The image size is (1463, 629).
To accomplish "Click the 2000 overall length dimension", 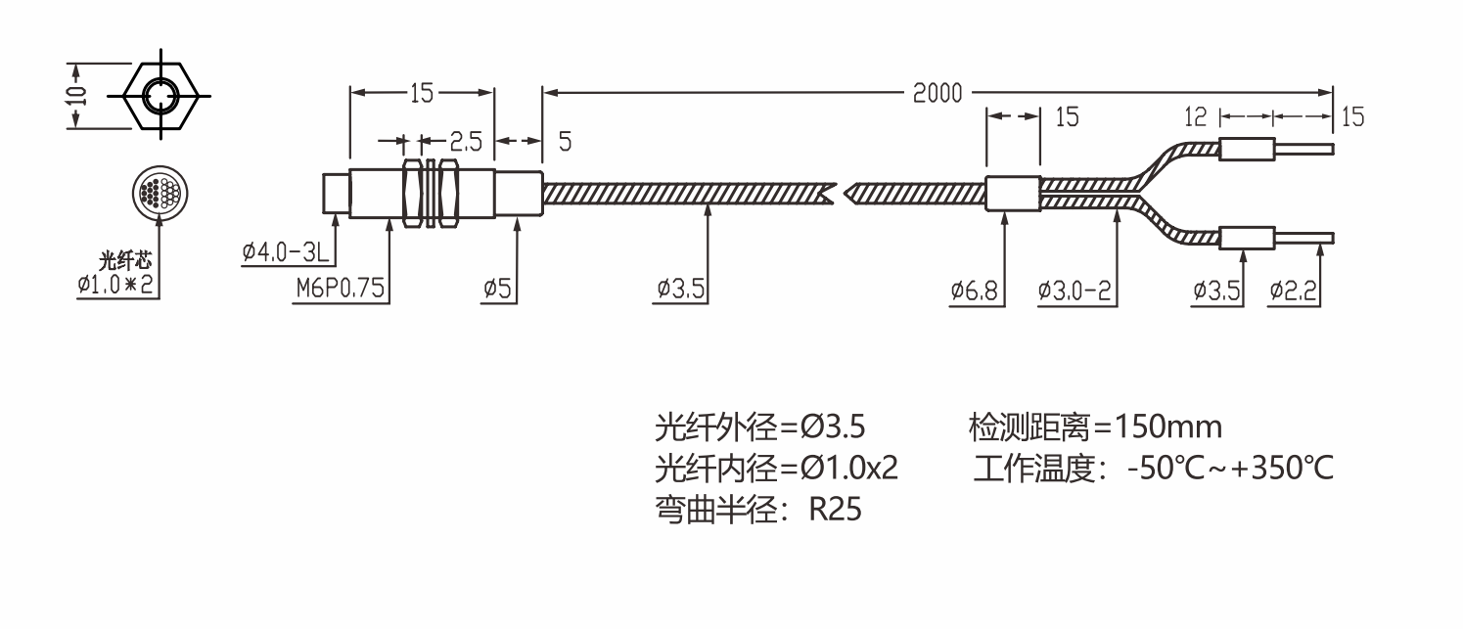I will pos(937,94).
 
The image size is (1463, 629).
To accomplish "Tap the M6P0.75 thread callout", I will pos(342,291).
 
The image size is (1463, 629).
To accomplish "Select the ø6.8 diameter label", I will pos(977,291).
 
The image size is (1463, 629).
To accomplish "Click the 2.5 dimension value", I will pos(466,142).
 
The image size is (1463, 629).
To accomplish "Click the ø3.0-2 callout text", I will pos(1077,291).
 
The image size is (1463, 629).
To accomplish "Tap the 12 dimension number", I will pos(1196,117).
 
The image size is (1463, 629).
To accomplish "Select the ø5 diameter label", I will pos(499,291).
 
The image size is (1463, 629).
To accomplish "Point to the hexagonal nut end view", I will pos(158,95).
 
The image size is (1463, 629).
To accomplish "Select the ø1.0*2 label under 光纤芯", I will pos(118,286).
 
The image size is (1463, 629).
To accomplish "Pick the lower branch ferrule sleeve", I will pos(1246,238).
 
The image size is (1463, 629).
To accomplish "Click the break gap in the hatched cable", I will pos(838,192).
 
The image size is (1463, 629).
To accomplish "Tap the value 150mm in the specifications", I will pos(1168,427).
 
